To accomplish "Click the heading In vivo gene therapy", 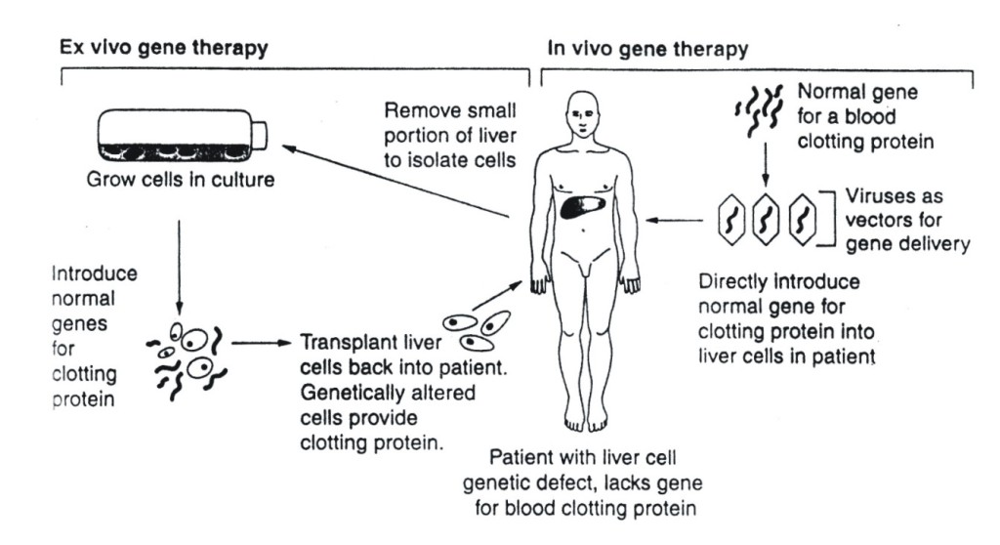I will tap(648, 47).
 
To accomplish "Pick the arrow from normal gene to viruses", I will tap(765, 169).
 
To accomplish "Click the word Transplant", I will tap(342, 343).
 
